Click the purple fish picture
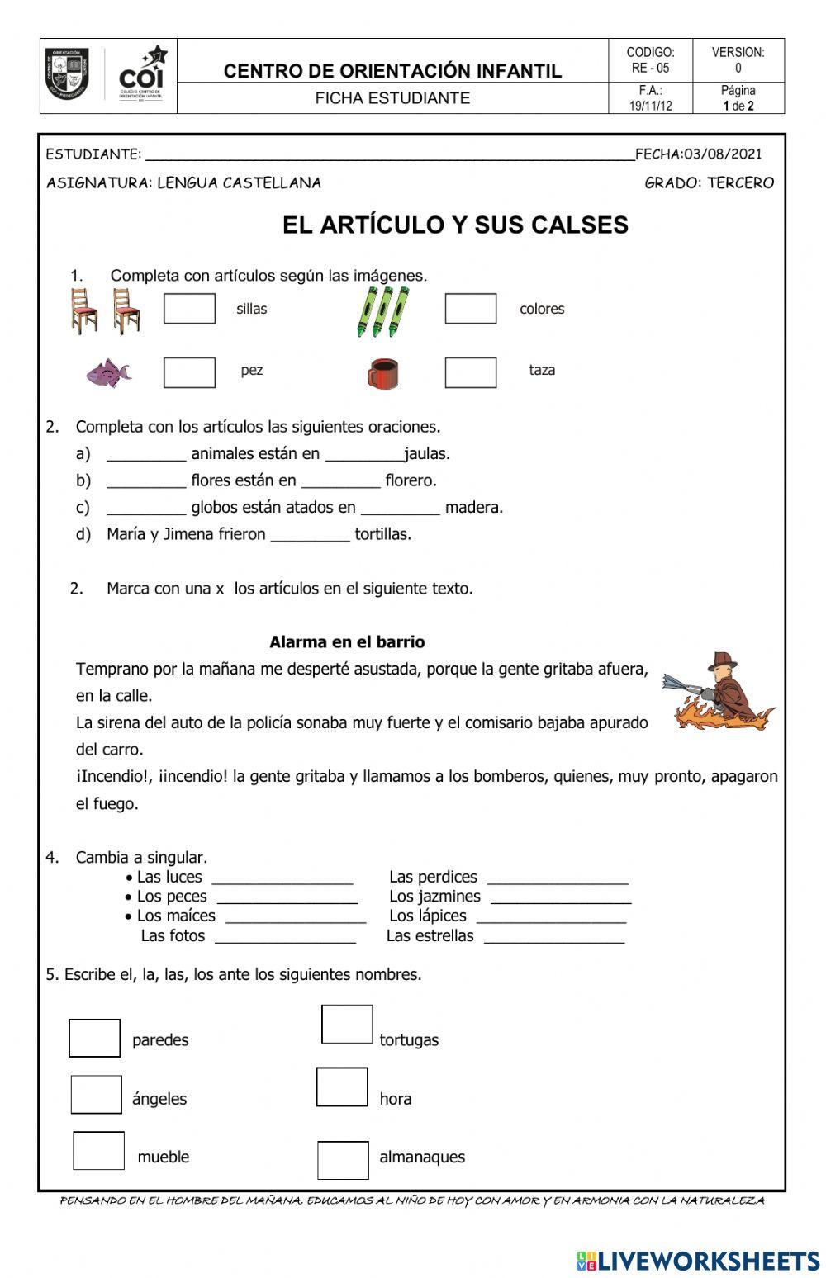coord(108,372)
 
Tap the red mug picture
coord(382,373)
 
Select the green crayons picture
coord(382,311)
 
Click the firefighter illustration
coord(720,692)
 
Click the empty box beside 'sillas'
coord(189,309)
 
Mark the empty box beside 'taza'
coord(470,372)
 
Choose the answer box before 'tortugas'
coord(347,1024)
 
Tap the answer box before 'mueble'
coord(98,1150)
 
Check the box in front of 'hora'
coord(342,1087)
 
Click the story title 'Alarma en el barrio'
coord(347,641)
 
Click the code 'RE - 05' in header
coord(650,68)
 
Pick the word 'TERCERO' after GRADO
coord(740,182)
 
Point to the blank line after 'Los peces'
coord(287,898)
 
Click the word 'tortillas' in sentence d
coord(382,534)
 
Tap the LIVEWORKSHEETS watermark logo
coord(698,1260)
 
